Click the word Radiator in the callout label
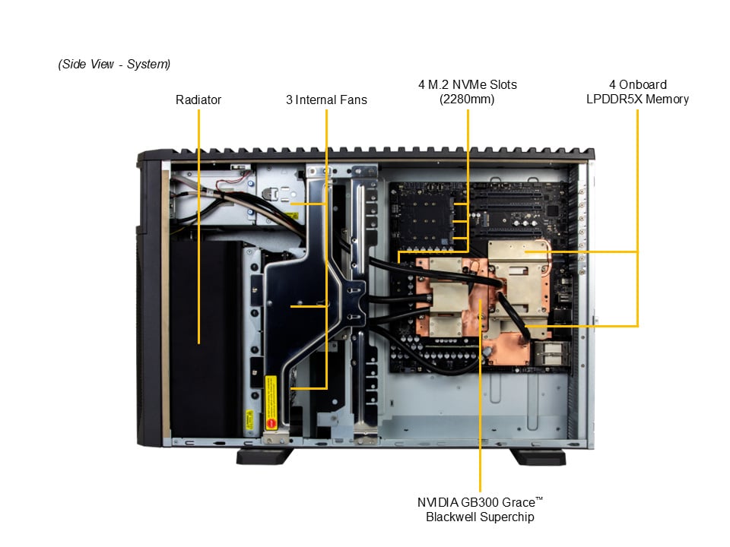click(198, 100)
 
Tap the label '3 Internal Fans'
click(326, 100)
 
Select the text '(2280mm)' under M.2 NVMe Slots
click(467, 99)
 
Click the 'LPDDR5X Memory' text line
click(637, 99)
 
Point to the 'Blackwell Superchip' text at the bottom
click(480, 517)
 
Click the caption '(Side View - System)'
click(114, 64)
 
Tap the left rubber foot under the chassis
click(265, 457)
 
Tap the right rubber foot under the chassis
click(538, 457)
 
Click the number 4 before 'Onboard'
click(612, 84)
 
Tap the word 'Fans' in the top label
click(354, 100)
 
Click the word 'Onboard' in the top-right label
click(643, 84)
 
